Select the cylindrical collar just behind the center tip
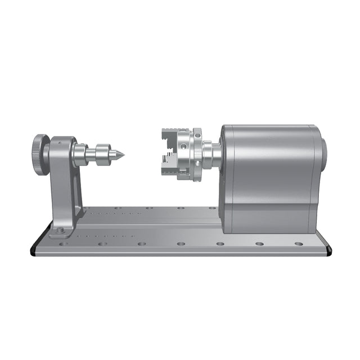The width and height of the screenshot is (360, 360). coord(102,154)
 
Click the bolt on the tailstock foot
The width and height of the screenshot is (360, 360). coord(60,230)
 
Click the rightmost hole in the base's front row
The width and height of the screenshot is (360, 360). coord(299,244)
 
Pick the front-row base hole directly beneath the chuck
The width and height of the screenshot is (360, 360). coord(181,244)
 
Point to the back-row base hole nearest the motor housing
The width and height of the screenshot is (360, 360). coord(212,208)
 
